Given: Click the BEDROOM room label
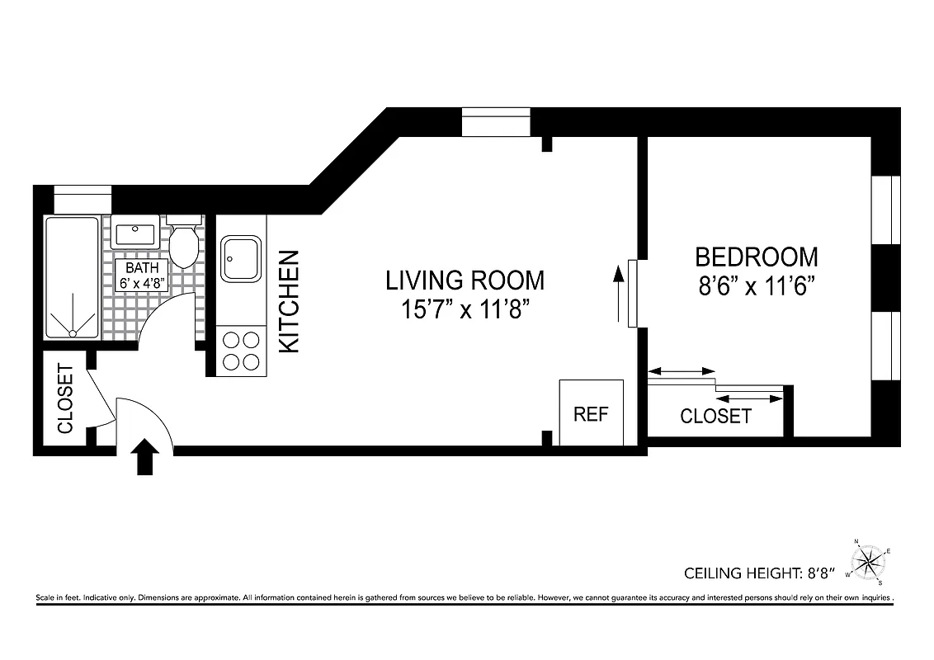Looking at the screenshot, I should [756, 257].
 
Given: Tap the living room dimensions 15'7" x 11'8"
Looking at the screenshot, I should [465, 311].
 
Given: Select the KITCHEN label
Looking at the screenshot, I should [289, 302].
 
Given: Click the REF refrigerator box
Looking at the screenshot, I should [591, 412].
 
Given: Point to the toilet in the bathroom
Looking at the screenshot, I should [184, 242].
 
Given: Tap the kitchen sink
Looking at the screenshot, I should [241, 258].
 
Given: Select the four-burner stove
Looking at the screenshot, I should [241, 350].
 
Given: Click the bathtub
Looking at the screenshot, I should [72, 278].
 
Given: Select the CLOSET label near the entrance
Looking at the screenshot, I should [66, 398].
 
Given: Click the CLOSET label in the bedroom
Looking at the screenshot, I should [715, 416].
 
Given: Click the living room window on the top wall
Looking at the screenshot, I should [495, 122].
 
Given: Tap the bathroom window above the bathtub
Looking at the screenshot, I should [83, 199].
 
